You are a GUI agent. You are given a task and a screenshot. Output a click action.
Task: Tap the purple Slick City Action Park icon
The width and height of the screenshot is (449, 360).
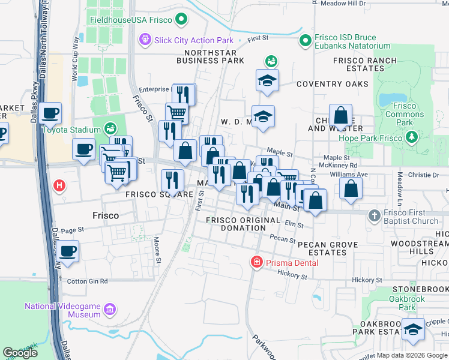[144, 40]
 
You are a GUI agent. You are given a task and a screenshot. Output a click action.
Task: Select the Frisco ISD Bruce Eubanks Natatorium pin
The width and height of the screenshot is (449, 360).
[305, 41]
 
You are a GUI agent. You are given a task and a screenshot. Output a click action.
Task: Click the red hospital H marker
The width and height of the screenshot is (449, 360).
[59, 185]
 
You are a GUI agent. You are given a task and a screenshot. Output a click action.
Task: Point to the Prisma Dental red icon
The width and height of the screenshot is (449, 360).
[256, 262]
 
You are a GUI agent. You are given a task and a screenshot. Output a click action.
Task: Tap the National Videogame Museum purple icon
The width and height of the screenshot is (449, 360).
[109, 310]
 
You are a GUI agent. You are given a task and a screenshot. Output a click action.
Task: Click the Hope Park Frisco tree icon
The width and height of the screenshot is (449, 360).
[412, 137]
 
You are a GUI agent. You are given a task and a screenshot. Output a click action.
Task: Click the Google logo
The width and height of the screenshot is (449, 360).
[20, 353]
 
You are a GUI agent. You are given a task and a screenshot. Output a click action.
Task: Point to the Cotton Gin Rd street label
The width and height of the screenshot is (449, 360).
[87, 281]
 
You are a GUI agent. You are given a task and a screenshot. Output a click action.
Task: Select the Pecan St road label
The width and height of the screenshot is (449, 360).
[283, 240]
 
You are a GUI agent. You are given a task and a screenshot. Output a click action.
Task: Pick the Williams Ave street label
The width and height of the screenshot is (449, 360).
[351, 174]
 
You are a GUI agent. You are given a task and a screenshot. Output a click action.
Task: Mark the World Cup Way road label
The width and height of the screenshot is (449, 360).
[76, 61]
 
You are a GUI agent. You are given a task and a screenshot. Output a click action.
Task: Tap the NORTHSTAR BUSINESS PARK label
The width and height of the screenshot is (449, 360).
[209, 56]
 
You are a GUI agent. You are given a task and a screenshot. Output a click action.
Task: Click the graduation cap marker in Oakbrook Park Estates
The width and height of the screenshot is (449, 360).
[413, 329]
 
